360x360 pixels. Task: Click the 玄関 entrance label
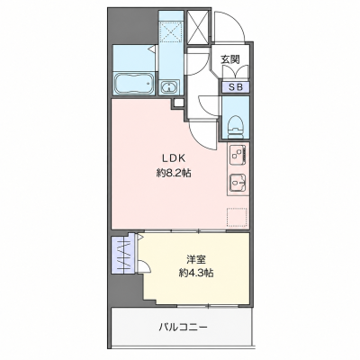pyautogui.click(x=230, y=59)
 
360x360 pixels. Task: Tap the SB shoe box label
pyautogui.click(x=235, y=87)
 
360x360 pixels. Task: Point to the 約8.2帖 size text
pyautogui.click(x=174, y=173)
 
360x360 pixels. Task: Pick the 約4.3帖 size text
pyautogui.click(x=196, y=273)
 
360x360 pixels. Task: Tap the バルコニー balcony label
pyautogui.click(x=183, y=327)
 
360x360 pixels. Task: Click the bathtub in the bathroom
pyautogui.click(x=134, y=83)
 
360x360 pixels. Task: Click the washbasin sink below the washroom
pyautogui.click(x=169, y=87)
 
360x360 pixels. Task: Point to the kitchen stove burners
pyautogui.click(x=238, y=154)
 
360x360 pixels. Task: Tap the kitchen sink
pyautogui.click(x=238, y=182)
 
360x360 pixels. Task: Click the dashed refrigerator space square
pyautogui.click(x=237, y=217)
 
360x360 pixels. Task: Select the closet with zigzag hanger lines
pyautogui.click(x=124, y=255)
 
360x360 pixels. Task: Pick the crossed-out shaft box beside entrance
pyautogui.click(x=197, y=27)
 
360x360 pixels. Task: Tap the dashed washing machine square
pyautogui.click(x=170, y=31)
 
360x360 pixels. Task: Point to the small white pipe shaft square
pyautogui.click(x=178, y=103)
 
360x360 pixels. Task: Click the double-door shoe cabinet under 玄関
pyautogui.click(x=235, y=73)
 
